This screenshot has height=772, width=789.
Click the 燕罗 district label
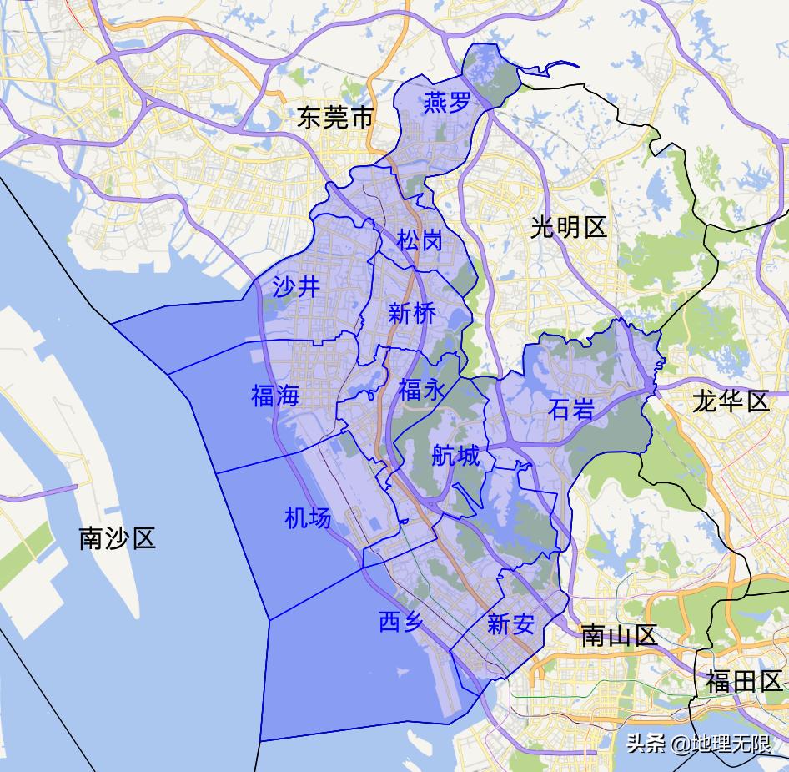pyautogui.click(x=447, y=103)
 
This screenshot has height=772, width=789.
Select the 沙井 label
pyautogui.click(x=296, y=287)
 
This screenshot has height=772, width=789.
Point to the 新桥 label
pyautogui.click(x=412, y=315)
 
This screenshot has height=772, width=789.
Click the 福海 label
pyautogui.click(x=275, y=395)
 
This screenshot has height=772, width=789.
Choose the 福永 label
pyautogui.click(x=422, y=390)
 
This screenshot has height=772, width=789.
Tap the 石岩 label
pyautogui.click(x=572, y=409)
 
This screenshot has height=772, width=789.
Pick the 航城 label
pyautogui.click(x=456, y=456)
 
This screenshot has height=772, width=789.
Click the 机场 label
pyautogui.click(x=308, y=518)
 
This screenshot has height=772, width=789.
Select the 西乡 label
pyautogui.click(x=401, y=622)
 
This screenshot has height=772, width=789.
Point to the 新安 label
pyautogui.click(x=510, y=624)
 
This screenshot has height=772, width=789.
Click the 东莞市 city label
pyautogui.click(x=335, y=118)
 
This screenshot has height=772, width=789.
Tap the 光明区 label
pyautogui.click(x=569, y=227)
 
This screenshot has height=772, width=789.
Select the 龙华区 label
pyautogui.click(x=731, y=401)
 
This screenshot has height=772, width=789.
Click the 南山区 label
pyautogui.click(x=620, y=636)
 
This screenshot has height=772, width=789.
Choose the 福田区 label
pyautogui.click(x=744, y=682)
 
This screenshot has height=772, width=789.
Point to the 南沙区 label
pyautogui.click(x=118, y=538)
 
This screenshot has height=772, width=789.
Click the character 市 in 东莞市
pyautogui.click(x=361, y=118)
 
